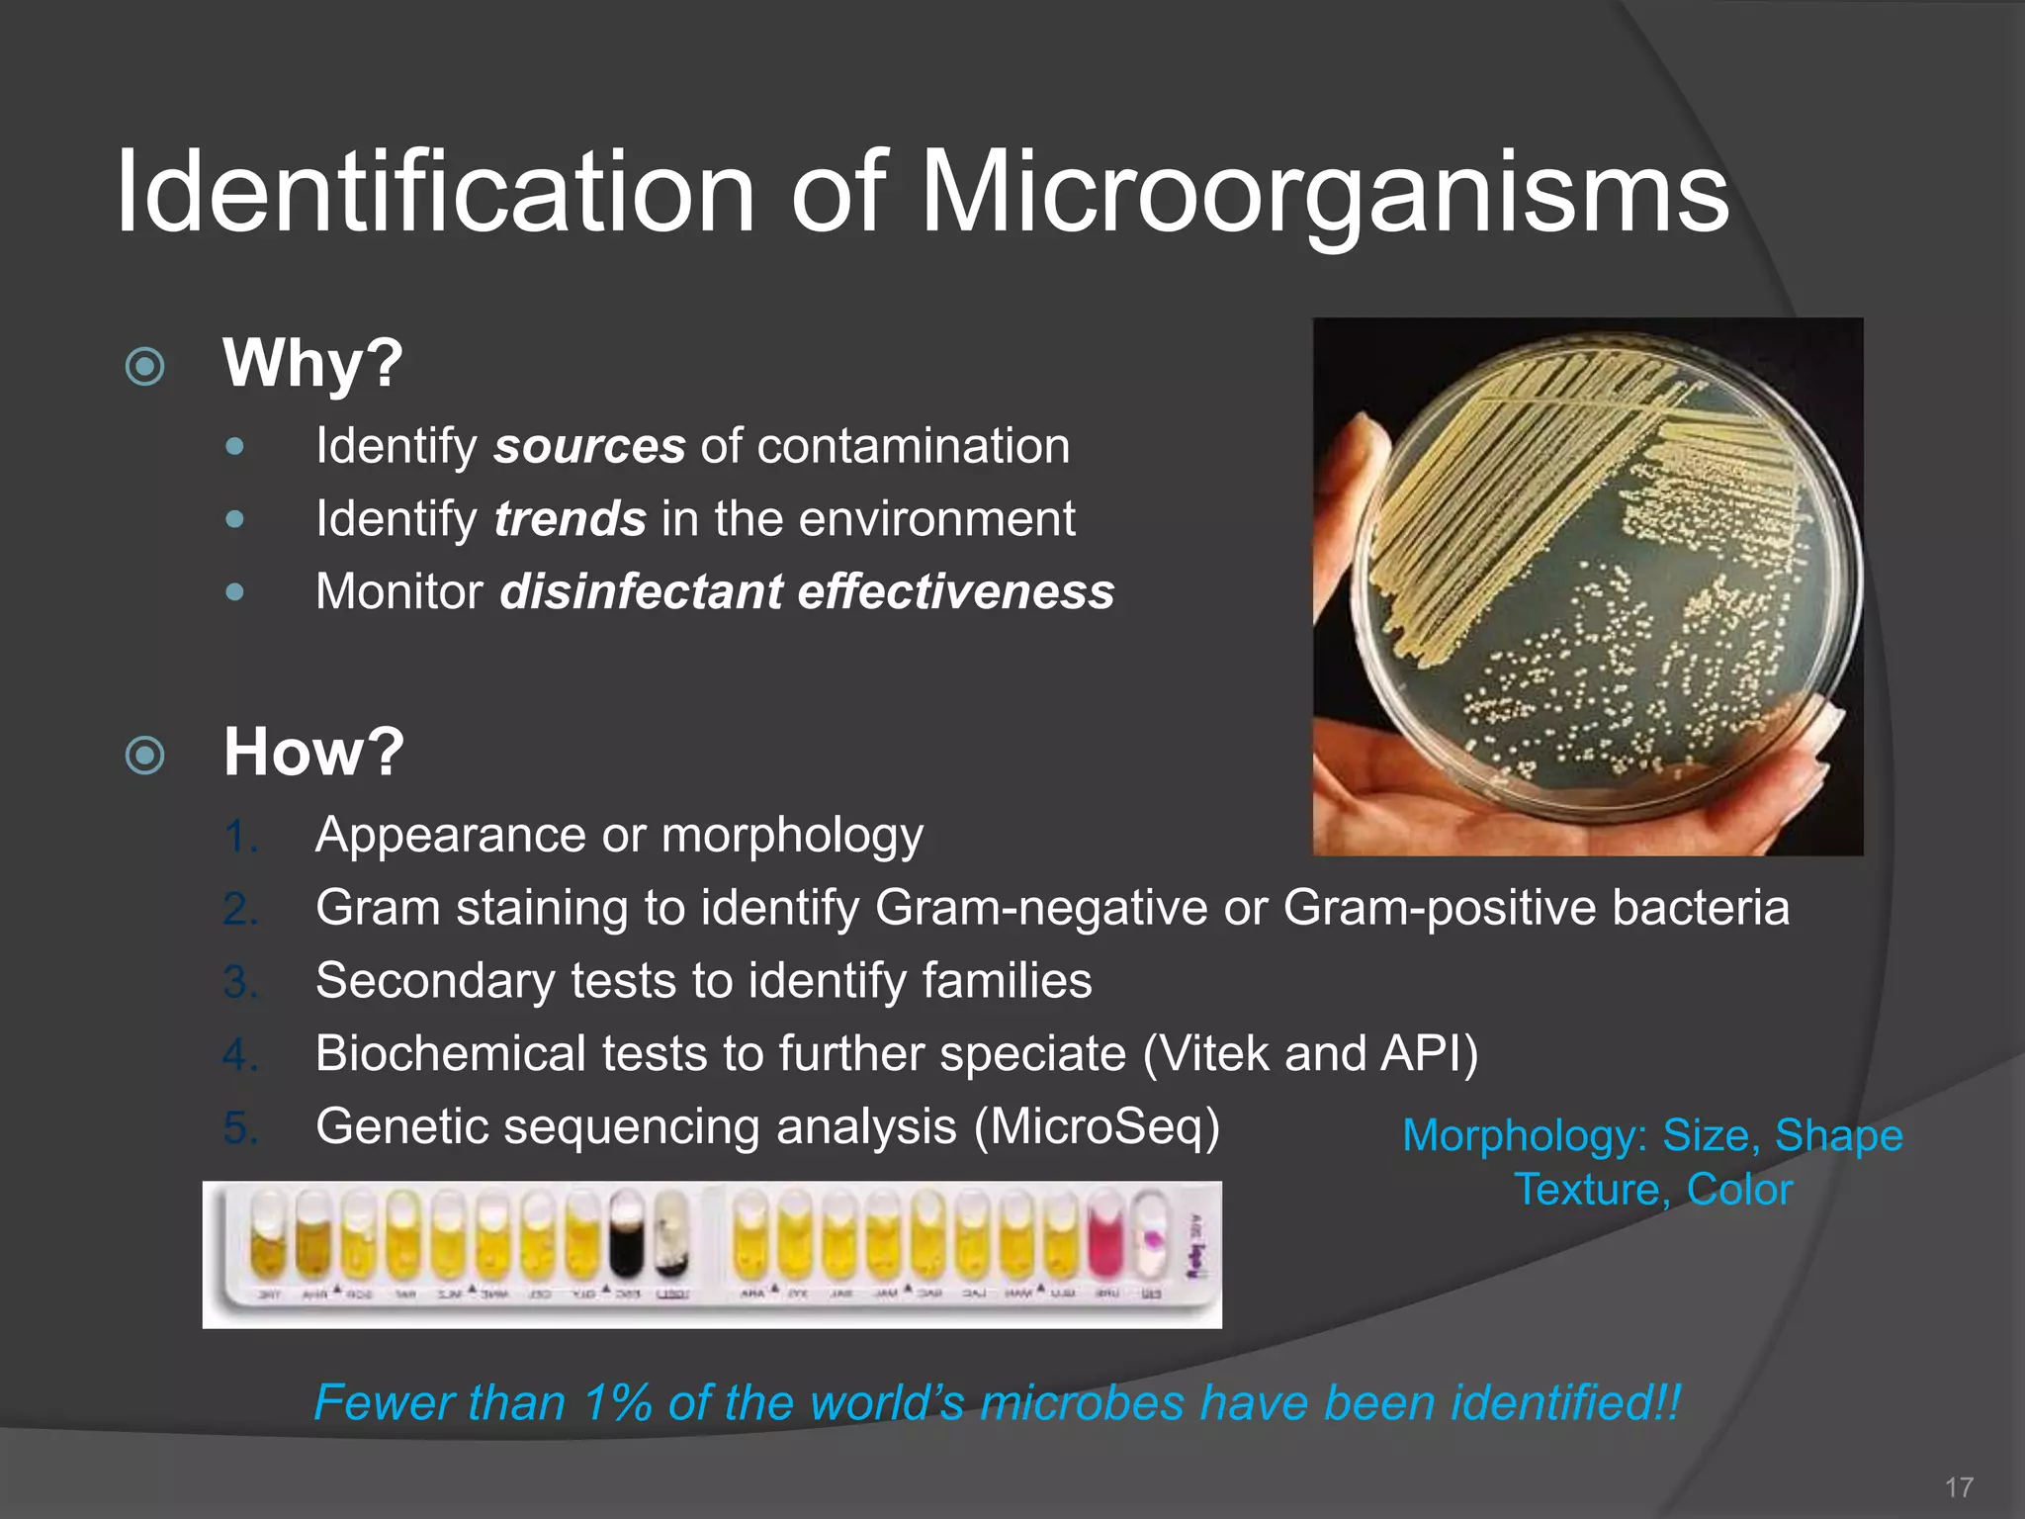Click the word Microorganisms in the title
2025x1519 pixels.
[1325, 193]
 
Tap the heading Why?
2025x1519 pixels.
[312, 363]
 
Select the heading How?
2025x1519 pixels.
[313, 752]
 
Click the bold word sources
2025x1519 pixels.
[589, 446]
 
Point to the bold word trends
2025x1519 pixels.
[571, 519]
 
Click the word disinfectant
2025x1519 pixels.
[642, 592]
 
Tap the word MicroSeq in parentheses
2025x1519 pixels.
[1097, 1126]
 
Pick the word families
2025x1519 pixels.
[1007, 981]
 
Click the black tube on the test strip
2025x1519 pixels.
[626, 1236]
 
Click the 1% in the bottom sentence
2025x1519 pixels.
[617, 1403]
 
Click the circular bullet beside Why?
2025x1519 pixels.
[145, 367]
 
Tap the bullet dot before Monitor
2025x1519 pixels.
[234, 592]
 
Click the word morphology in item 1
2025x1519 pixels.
[792, 836]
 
